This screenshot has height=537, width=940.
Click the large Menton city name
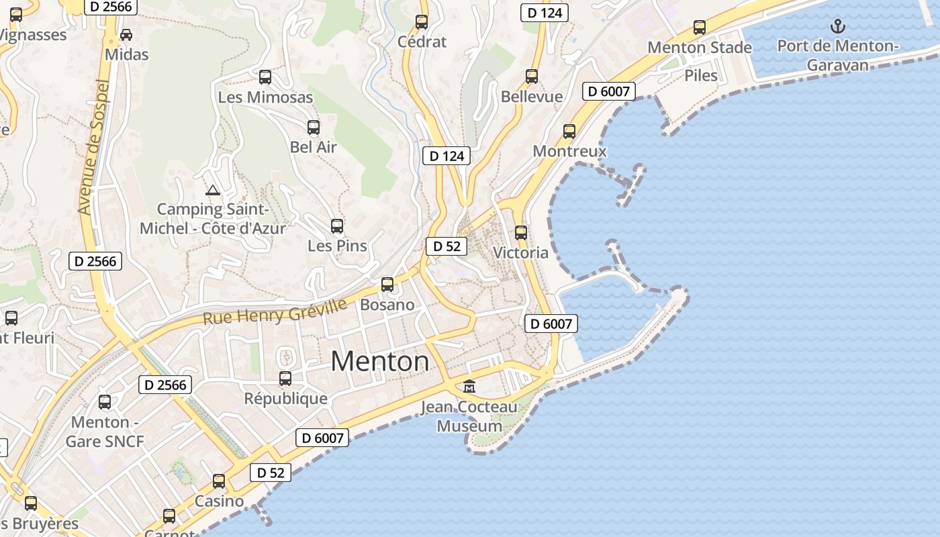click(x=380, y=362)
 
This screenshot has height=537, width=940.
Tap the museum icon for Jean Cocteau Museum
click(x=469, y=387)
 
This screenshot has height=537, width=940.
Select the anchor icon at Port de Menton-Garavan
click(x=837, y=26)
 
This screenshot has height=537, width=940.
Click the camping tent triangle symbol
click(x=213, y=191)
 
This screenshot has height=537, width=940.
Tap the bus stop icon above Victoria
click(x=521, y=233)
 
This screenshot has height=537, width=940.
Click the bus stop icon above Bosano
click(x=387, y=285)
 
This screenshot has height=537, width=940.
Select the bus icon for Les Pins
click(x=337, y=226)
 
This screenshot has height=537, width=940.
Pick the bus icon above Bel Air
click(x=314, y=128)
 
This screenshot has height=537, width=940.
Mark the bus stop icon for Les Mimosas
click(x=265, y=77)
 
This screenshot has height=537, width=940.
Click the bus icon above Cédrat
click(x=422, y=22)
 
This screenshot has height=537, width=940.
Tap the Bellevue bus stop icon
click(x=532, y=77)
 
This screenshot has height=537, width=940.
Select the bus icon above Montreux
click(x=569, y=131)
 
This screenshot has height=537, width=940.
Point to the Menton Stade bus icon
click(x=700, y=28)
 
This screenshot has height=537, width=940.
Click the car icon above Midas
click(x=126, y=34)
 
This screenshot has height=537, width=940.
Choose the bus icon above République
click(x=285, y=379)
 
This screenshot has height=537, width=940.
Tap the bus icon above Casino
click(x=219, y=481)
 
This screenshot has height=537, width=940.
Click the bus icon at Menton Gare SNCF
click(x=105, y=402)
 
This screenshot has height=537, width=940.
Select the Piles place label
click(x=701, y=75)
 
